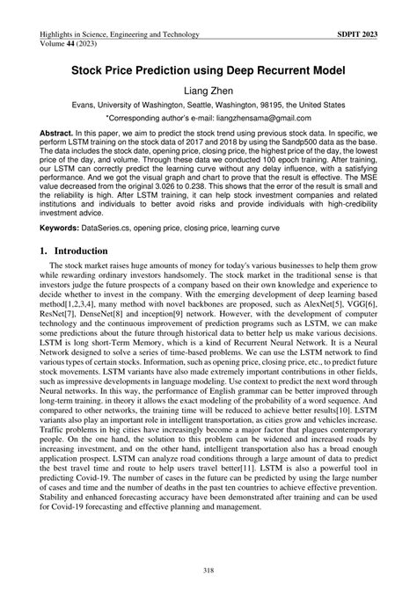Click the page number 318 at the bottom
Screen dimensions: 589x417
click(208, 571)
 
